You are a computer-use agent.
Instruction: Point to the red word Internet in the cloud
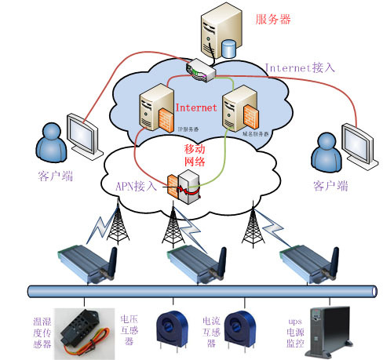195,107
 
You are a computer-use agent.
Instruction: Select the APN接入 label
129,187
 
